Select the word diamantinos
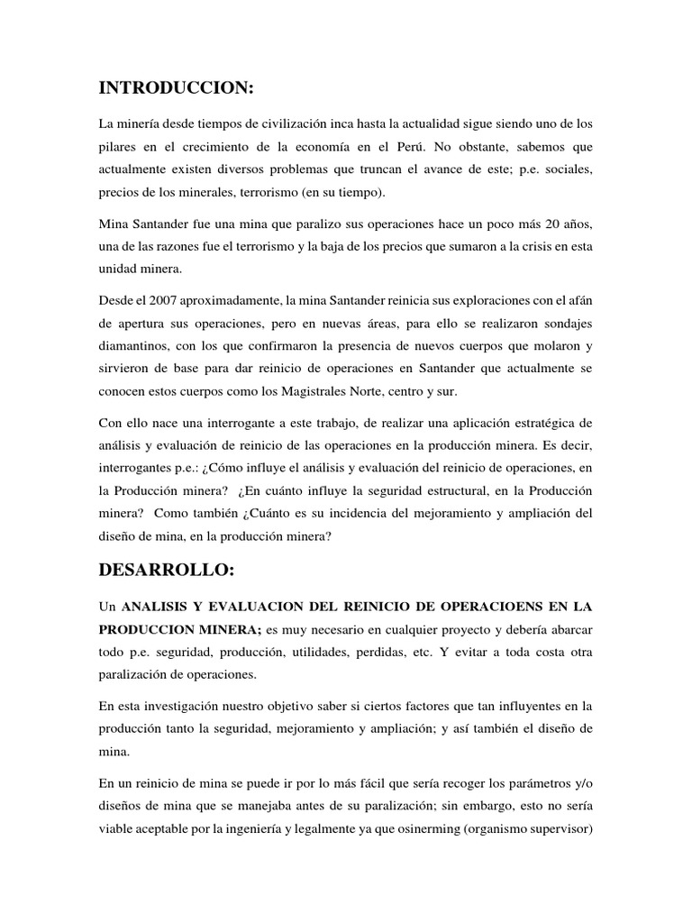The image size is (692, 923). tap(135, 345)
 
